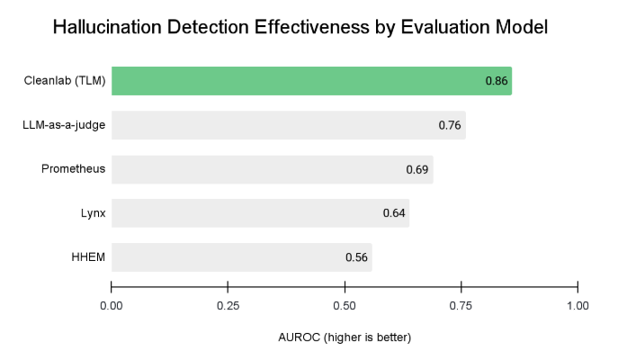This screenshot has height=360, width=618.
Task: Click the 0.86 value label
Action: click(x=497, y=82)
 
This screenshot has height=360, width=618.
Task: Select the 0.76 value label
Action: click(x=450, y=125)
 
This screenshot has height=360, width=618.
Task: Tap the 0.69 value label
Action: click(x=417, y=169)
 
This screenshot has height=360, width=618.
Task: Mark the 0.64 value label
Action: click(x=394, y=213)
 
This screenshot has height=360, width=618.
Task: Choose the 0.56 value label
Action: click(x=357, y=257)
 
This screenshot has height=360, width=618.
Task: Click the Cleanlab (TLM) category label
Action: click(x=65, y=81)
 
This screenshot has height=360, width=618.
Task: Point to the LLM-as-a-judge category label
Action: click(x=64, y=125)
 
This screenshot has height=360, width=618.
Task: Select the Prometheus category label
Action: click(x=74, y=169)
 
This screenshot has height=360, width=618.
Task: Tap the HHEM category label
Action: click(x=89, y=257)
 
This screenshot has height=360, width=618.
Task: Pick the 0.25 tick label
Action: click(x=228, y=306)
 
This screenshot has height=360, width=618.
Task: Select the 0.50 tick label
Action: click(x=345, y=306)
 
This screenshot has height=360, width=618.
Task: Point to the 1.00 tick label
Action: click(x=578, y=306)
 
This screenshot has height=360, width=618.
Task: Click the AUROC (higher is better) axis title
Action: click(x=345, y=337)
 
